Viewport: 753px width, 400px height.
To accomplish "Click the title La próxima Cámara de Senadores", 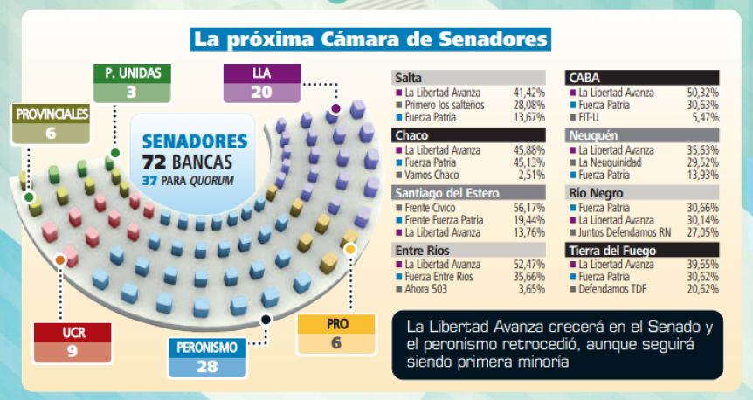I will pyautogui.click(x=371, y=39).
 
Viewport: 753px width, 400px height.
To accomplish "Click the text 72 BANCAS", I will pyautogui.click(x=187, y=162).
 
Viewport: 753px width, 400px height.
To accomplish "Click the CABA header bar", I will pyautogui.click(x=643, y=77).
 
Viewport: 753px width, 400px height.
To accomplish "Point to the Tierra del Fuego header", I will pyautogui.click(x=643, y=250).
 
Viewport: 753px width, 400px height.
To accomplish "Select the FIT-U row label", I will pyautogui.click(x=592, y=115).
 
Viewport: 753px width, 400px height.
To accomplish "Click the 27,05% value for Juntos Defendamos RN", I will pyautogui.click(x=702, y=232).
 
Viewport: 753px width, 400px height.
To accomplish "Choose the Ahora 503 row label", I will pyautogui.click(x=428, y=289).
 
